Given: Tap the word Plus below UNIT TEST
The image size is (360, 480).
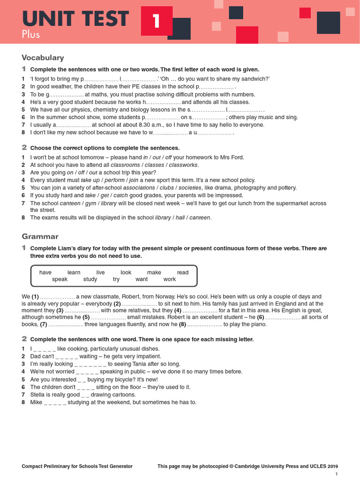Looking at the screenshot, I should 31,35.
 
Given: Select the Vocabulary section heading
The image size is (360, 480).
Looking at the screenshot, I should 43,58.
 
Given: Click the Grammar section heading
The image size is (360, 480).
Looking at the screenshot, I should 40,236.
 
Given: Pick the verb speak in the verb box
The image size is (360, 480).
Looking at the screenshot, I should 60,279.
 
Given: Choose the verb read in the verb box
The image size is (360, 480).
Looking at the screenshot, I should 183,272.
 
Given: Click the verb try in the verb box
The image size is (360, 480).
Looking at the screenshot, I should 116,279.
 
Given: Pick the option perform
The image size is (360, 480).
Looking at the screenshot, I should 114,180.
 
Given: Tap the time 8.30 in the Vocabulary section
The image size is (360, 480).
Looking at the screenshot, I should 148,125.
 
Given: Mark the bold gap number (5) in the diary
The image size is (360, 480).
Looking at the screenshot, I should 86,317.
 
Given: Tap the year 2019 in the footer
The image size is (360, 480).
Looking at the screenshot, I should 332,466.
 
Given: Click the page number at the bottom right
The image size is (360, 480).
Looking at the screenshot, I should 336,475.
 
